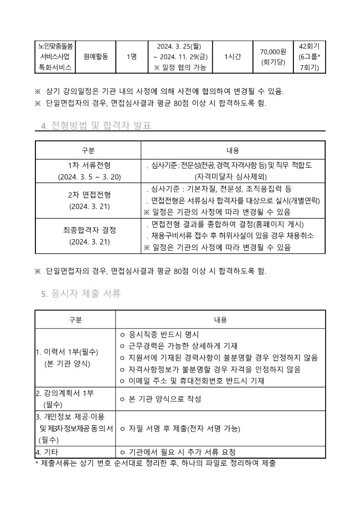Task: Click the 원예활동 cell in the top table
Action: pos(96,57)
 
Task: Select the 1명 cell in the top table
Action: pos(132,57)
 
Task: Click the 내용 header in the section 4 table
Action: pos(233,150)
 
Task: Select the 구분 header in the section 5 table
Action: pos(75,320)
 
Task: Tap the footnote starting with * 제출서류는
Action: pos(156,463)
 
